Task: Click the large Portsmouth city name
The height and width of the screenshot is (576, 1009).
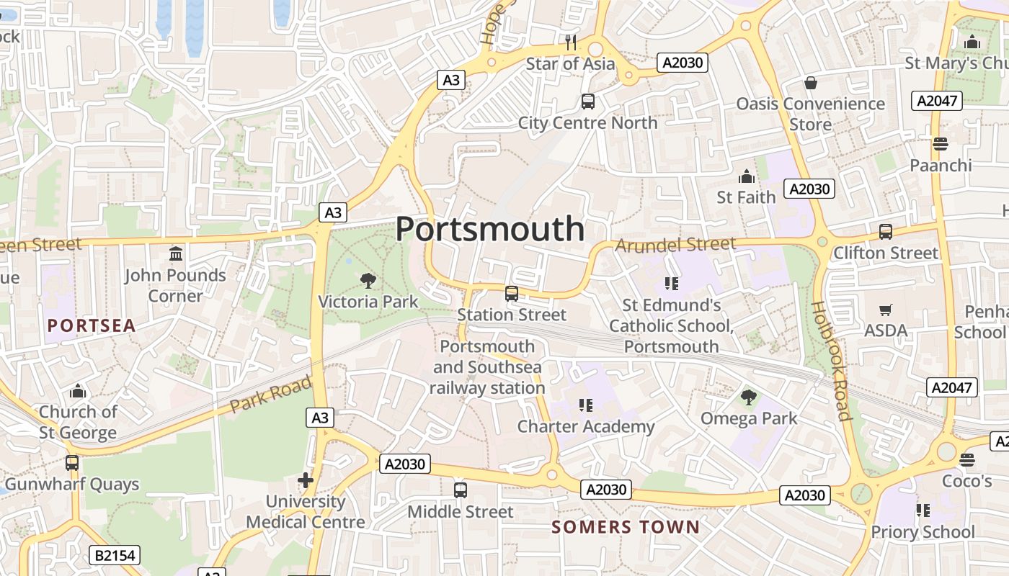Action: pos(490,229)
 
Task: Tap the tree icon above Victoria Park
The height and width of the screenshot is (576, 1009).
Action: pos(368,281)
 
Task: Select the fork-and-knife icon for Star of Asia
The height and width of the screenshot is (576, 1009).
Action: pos(571,42)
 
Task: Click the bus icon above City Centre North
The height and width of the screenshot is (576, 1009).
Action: pos(587,102)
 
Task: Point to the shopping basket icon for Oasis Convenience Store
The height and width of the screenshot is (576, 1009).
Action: pos(811,83)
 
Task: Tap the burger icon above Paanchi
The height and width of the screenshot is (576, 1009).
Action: pos(940,144)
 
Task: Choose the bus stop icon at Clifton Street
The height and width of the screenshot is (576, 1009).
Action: pos(885,232)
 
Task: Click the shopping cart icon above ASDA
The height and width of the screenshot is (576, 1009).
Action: pos(886,310)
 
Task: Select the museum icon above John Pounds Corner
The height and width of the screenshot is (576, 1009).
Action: pos(175,253)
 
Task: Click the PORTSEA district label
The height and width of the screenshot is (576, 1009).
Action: pos(92,325)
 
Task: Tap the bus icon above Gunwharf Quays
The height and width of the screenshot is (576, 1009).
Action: pos(72,462)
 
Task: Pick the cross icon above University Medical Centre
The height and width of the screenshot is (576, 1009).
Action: pos(306,480)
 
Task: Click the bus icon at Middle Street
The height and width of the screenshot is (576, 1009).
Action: pos(461,490)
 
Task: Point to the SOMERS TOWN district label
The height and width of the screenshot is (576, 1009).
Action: pos(626,527)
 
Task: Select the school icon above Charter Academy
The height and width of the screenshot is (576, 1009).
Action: pos(586,405)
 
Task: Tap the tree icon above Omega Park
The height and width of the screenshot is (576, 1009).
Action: pos(749,396)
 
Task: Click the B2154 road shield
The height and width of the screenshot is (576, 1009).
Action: pos(115,555)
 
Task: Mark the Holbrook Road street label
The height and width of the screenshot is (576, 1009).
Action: pos(832,360)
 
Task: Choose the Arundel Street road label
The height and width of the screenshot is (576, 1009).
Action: pos(675,245)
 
